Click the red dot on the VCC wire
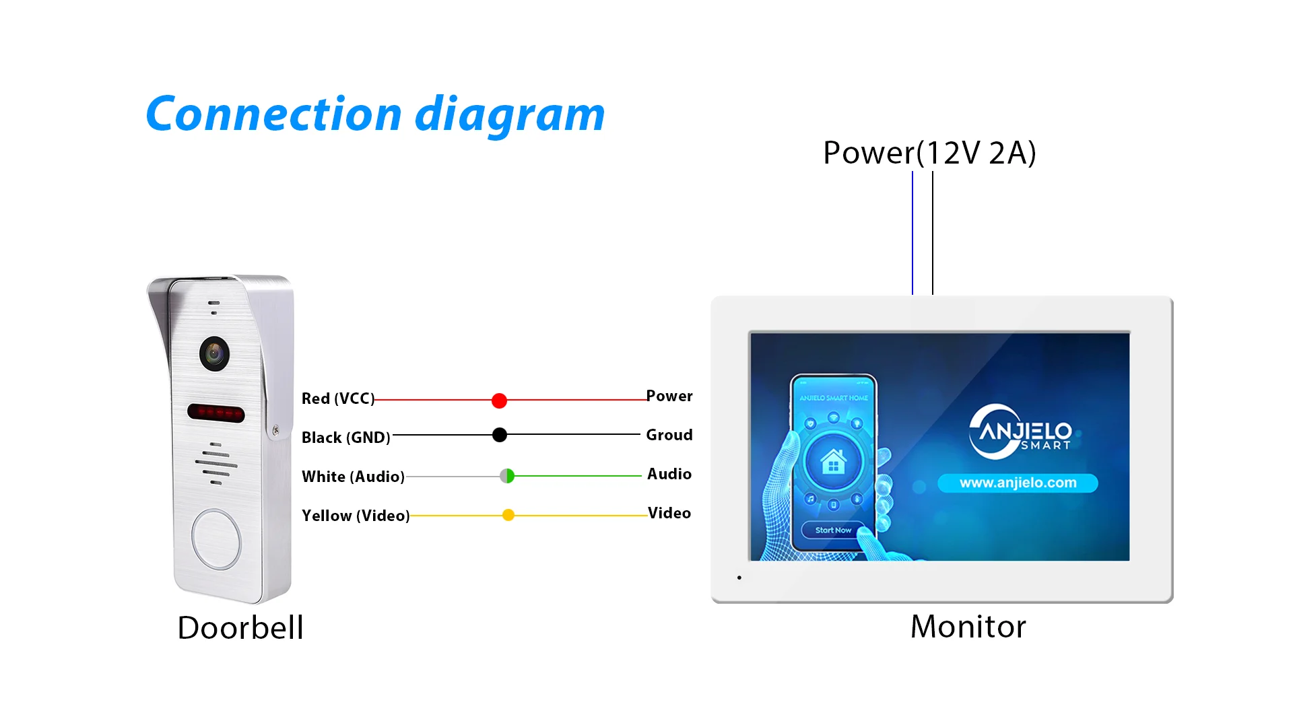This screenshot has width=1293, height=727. pyautogui.click(x=499, y=401)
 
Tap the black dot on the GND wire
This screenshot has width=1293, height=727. pyautogui.click(x=500, y=435)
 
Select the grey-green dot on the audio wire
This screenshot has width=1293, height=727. pyautogui.click(x=507, y=476)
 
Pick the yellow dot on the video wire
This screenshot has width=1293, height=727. pyautogui.click(x=508, y=515)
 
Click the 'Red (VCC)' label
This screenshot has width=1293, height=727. pyautogui.click(x=338, y=399)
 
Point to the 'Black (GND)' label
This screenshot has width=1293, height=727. pyautogui.click(x=346, y=438)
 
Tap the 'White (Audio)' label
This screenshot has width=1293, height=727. pyautogui.click(x=353, y=477)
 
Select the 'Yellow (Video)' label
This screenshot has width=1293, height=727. pyautogui.click(x=356, y=516)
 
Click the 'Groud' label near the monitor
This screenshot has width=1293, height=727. pyautogui.click(x=669, y=435)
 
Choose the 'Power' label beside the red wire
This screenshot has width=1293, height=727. pyautogui.click(x=669, y=396)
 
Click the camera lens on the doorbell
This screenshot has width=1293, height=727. pyautogui.click(x=214, y=353)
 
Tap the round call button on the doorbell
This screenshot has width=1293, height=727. pyautogui.click(x=216, y=539)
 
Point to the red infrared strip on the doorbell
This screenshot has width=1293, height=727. pyautogui.click(x=215, y=413)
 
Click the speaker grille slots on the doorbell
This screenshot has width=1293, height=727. pyautogui.click(x=216, y=464)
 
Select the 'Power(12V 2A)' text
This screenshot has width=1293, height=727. pyautogui.click(x=929, y=153)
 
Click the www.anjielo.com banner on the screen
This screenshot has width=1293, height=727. pyautogui.click(x=1018, y=483)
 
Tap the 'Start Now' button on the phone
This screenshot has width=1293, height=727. pyautogui.click(x=833, y=530)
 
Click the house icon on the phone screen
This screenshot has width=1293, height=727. pyautogui.click(x=834, y=462)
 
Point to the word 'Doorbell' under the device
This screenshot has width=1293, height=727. pyautogui.click(x=240, y=627)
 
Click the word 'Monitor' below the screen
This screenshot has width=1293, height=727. pyautogui.click(x=968, y=627)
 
